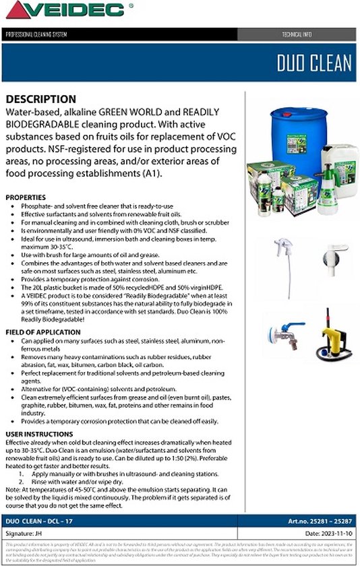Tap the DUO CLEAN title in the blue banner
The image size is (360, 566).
point(313,63)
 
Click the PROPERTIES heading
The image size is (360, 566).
point(26,197)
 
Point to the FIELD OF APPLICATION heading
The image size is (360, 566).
point(42,333)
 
